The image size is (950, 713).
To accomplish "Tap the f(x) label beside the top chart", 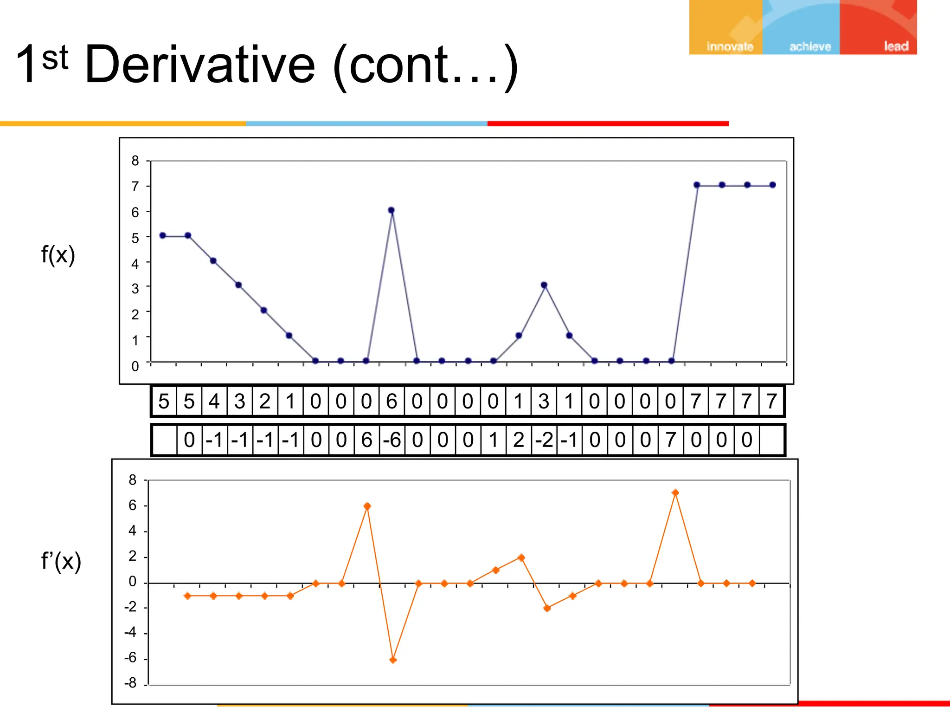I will [58, 255].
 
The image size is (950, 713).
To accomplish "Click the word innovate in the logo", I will [730, 46].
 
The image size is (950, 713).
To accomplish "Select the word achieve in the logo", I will [810, 46].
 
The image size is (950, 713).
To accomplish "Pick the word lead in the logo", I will [896, 46].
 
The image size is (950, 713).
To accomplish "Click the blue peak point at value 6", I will [391, 210].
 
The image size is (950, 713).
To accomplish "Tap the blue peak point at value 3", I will [544, 285].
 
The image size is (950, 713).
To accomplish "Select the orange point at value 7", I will [675, 493].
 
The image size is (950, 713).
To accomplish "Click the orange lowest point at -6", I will [393, 660].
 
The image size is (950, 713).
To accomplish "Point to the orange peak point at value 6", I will [367, 506].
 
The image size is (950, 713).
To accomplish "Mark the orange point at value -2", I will [547, 608].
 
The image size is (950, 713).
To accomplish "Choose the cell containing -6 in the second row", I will [392, 440].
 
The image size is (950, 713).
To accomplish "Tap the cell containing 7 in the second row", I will [670, 440].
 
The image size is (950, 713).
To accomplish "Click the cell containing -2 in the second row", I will [544, 440].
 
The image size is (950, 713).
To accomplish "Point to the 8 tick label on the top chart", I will [135, 161].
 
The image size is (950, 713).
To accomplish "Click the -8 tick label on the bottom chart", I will [130, 683].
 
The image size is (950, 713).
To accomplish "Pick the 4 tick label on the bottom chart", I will [133, 531].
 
